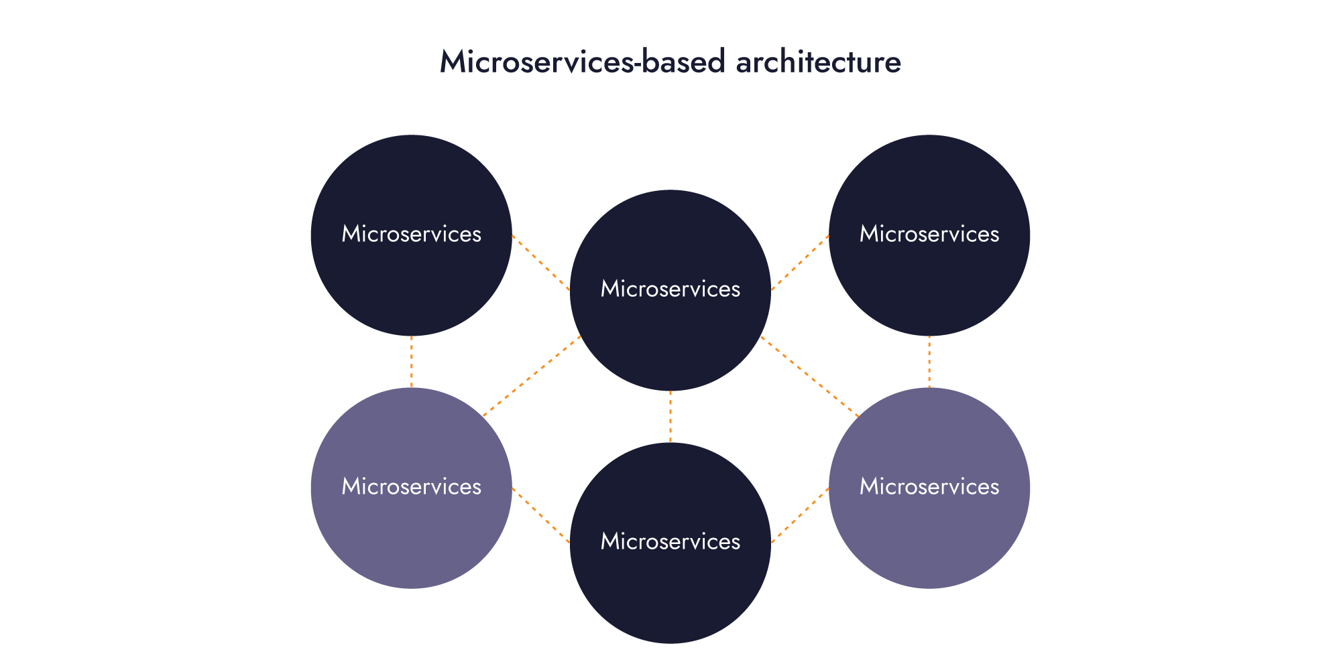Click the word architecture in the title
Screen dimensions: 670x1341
tap(818, 62)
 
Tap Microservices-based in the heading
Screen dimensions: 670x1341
tap(582, 62)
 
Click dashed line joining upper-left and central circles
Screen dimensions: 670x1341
tap(540, 263)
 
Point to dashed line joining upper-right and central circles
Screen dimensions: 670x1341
tap(800, 263)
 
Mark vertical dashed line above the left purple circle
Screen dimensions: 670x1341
tap(412, 362)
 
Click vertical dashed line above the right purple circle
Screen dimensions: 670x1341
tap(929, 362)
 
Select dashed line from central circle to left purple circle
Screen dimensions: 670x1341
tap(532, 376)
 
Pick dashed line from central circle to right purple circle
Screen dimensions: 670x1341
tap(810, 376)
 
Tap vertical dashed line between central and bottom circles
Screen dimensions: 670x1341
tap(670, 417)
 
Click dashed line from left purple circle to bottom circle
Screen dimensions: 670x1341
tap(540, 515)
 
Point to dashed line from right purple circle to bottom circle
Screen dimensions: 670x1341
tap(800, 515)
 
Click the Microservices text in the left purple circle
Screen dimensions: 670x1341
tap(412, 486)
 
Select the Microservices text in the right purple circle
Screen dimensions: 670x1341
tap(929, 486)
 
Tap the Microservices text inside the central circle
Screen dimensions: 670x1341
tap(670, 289)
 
